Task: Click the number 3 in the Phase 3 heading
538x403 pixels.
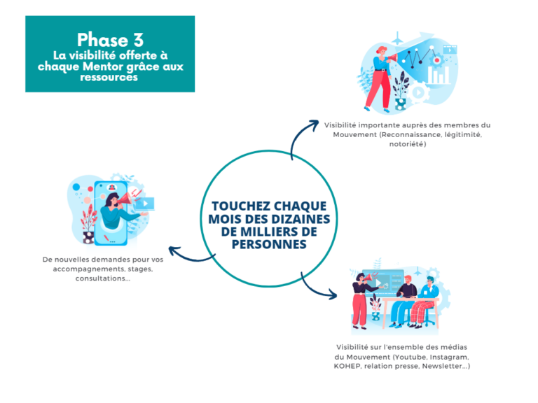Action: (139, 40)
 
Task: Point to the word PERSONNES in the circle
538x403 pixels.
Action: (269, 244)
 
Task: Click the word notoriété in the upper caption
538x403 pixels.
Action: (407, 144)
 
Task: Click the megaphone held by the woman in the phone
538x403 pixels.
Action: (126, 199)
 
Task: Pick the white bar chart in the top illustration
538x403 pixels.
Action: (439, 76)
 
